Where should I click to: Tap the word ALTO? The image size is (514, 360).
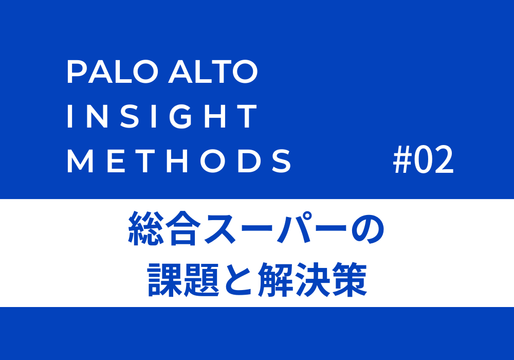(213, 71)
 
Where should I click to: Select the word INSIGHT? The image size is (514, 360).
(162, 116)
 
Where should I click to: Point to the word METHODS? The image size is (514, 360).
(179, 160)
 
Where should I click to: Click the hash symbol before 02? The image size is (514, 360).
(402, 160)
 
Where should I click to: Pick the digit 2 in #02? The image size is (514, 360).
(444, 160)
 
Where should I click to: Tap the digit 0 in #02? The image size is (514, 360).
(423, 160)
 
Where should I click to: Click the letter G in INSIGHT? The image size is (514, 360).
(180, 116)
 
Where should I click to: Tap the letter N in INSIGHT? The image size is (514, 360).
(97, 116)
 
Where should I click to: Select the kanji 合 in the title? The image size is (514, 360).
(183, 228)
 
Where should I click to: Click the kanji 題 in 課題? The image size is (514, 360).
(201, 279)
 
